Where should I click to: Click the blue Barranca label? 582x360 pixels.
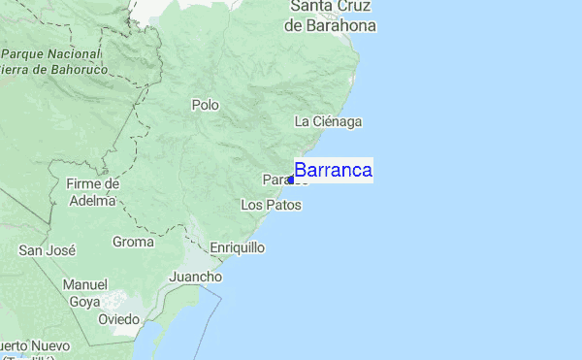coord(334,171)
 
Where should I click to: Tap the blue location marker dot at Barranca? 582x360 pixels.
coord(291,180)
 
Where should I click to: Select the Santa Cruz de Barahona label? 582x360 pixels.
coord(330,16)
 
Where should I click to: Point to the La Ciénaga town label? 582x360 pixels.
coord(328,121)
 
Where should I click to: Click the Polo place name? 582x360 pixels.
coord(206,105)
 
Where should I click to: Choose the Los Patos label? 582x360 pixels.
coord(271,205)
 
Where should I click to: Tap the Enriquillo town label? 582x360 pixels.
coord(238,247)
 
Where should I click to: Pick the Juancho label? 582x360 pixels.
coord(196,277)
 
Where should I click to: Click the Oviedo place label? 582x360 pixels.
coord(119,319)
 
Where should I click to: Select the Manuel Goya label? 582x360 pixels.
coord(84,293)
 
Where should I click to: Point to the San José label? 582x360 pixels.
coord(48,250)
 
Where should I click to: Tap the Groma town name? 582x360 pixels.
coord(133,242)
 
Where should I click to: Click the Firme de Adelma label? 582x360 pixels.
coord(92,192)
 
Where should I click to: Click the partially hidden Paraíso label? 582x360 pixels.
coord(275,180)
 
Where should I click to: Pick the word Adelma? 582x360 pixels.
coord(92,201)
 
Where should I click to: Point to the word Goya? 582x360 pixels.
coord(84,302)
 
